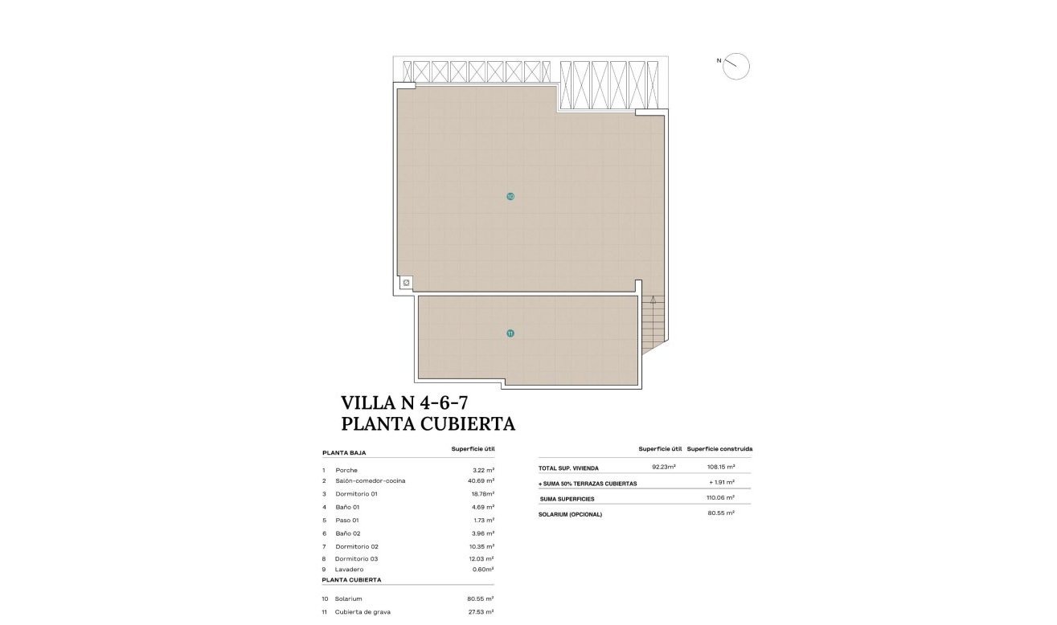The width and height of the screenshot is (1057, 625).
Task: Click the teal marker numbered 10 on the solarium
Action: click(510, 196)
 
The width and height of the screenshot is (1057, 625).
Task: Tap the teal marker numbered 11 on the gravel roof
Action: click(510, 333)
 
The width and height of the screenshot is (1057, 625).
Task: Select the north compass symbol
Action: click(735, 66)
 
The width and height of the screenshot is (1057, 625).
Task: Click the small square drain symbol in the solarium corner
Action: click(406, 283)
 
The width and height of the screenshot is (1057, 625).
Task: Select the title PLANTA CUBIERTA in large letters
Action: click(428, 423)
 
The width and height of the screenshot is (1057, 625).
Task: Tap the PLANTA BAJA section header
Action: click(344, 453)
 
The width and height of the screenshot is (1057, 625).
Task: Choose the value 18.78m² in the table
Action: click(483, 494)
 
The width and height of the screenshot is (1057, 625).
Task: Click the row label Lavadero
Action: click(350, 570)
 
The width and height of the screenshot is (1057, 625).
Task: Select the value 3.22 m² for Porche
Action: click(483, 470)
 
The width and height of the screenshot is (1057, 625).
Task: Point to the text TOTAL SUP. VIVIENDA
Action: click(568, 468)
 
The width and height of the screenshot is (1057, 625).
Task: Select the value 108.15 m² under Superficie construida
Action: click(719, 467)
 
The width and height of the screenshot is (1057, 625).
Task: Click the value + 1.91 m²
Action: click(722, 484)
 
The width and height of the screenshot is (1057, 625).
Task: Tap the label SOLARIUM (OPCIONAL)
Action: click(570, 514)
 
